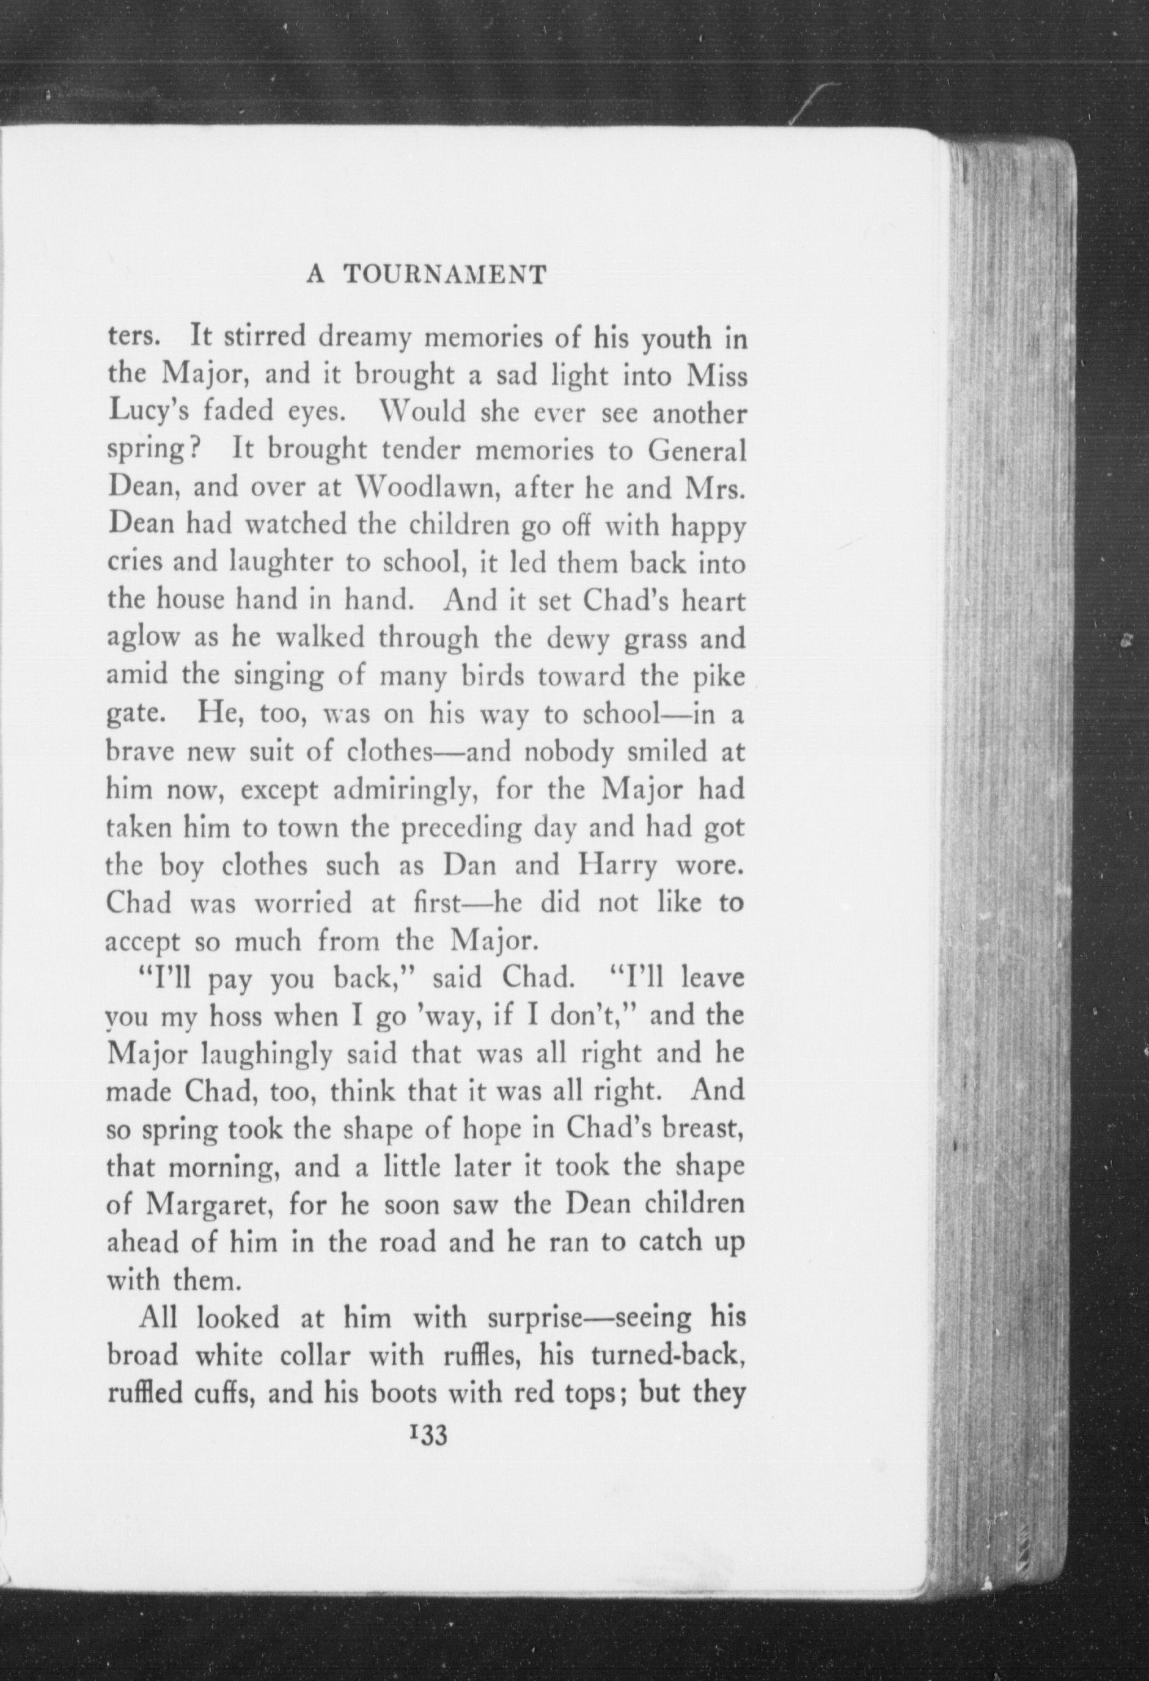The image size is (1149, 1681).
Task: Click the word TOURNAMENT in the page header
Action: click(443, 275)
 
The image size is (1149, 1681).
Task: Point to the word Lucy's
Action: click(149, 413)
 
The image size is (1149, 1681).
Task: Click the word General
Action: click(696, 450)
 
